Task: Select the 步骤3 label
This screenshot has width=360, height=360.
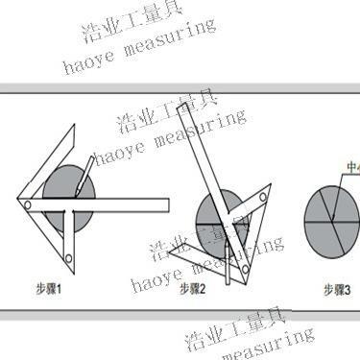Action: [x=336, y=287]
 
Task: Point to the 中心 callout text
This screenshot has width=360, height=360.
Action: [x=351, y=165]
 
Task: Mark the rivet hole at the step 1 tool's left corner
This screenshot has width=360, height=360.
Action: [x=30, y=204]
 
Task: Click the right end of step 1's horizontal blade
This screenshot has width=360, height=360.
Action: [x=168, y=204]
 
